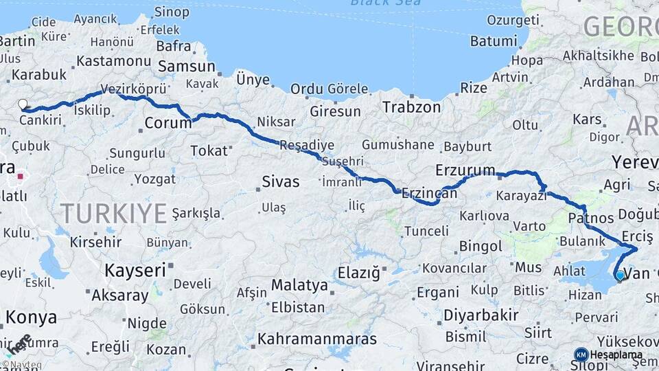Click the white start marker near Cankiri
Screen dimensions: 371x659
coord(23,104)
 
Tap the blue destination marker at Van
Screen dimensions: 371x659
coord(620,276)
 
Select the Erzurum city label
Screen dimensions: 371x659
coord(465,169)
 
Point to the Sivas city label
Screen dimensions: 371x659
coord(280,181)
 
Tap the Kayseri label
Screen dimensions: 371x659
coord(135,270)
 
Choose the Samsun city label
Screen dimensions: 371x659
coord(186,67)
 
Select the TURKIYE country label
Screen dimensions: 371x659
coord(113,213)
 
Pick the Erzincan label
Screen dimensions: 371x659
coord(430,194)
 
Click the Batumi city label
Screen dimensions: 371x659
coord(493,41)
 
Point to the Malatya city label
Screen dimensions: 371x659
coord(299,284)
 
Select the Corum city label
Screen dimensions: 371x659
coord(167,124)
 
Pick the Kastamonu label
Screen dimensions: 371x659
coord(113,60)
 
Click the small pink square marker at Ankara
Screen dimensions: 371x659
coord(21,176)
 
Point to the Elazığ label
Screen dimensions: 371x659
coord(358,273)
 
